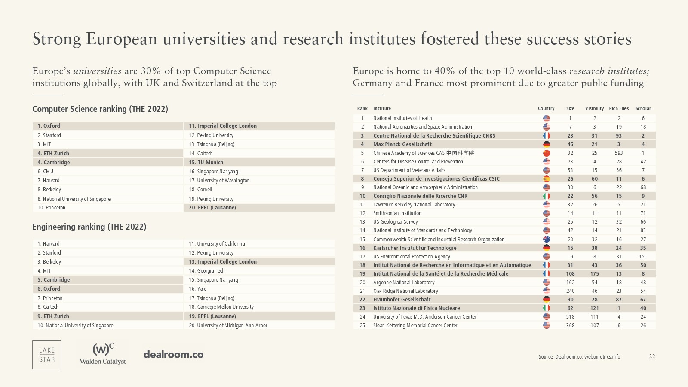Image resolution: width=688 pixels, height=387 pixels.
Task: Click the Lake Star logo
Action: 47,355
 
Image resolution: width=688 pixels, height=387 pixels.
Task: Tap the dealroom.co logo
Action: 173,354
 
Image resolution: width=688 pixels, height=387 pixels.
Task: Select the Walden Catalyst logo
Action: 103,354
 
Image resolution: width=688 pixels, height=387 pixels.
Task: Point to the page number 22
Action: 652,356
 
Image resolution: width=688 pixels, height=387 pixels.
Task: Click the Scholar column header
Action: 643,108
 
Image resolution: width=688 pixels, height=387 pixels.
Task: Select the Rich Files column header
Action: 619,108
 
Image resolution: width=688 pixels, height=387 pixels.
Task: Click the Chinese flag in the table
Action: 547,153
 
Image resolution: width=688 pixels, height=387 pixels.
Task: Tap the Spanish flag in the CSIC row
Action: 547,179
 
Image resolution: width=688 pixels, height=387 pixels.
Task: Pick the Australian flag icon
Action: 547,239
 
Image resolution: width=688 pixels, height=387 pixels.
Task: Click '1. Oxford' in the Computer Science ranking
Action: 49,126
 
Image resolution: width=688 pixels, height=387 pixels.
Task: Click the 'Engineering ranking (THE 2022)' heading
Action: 89,227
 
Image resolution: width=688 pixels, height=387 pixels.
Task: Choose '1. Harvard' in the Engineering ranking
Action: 49,244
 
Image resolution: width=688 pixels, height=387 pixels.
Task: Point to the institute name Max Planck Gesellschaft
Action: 402,144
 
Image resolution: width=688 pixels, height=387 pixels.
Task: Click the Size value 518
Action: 570,317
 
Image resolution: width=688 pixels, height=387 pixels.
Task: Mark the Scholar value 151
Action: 643,257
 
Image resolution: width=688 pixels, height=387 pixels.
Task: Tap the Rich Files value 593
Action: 619,153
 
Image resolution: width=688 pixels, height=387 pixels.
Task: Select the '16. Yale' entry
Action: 197,289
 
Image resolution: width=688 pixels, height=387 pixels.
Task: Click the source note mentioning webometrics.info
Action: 579,356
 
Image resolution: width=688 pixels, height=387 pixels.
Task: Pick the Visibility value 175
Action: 595,274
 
